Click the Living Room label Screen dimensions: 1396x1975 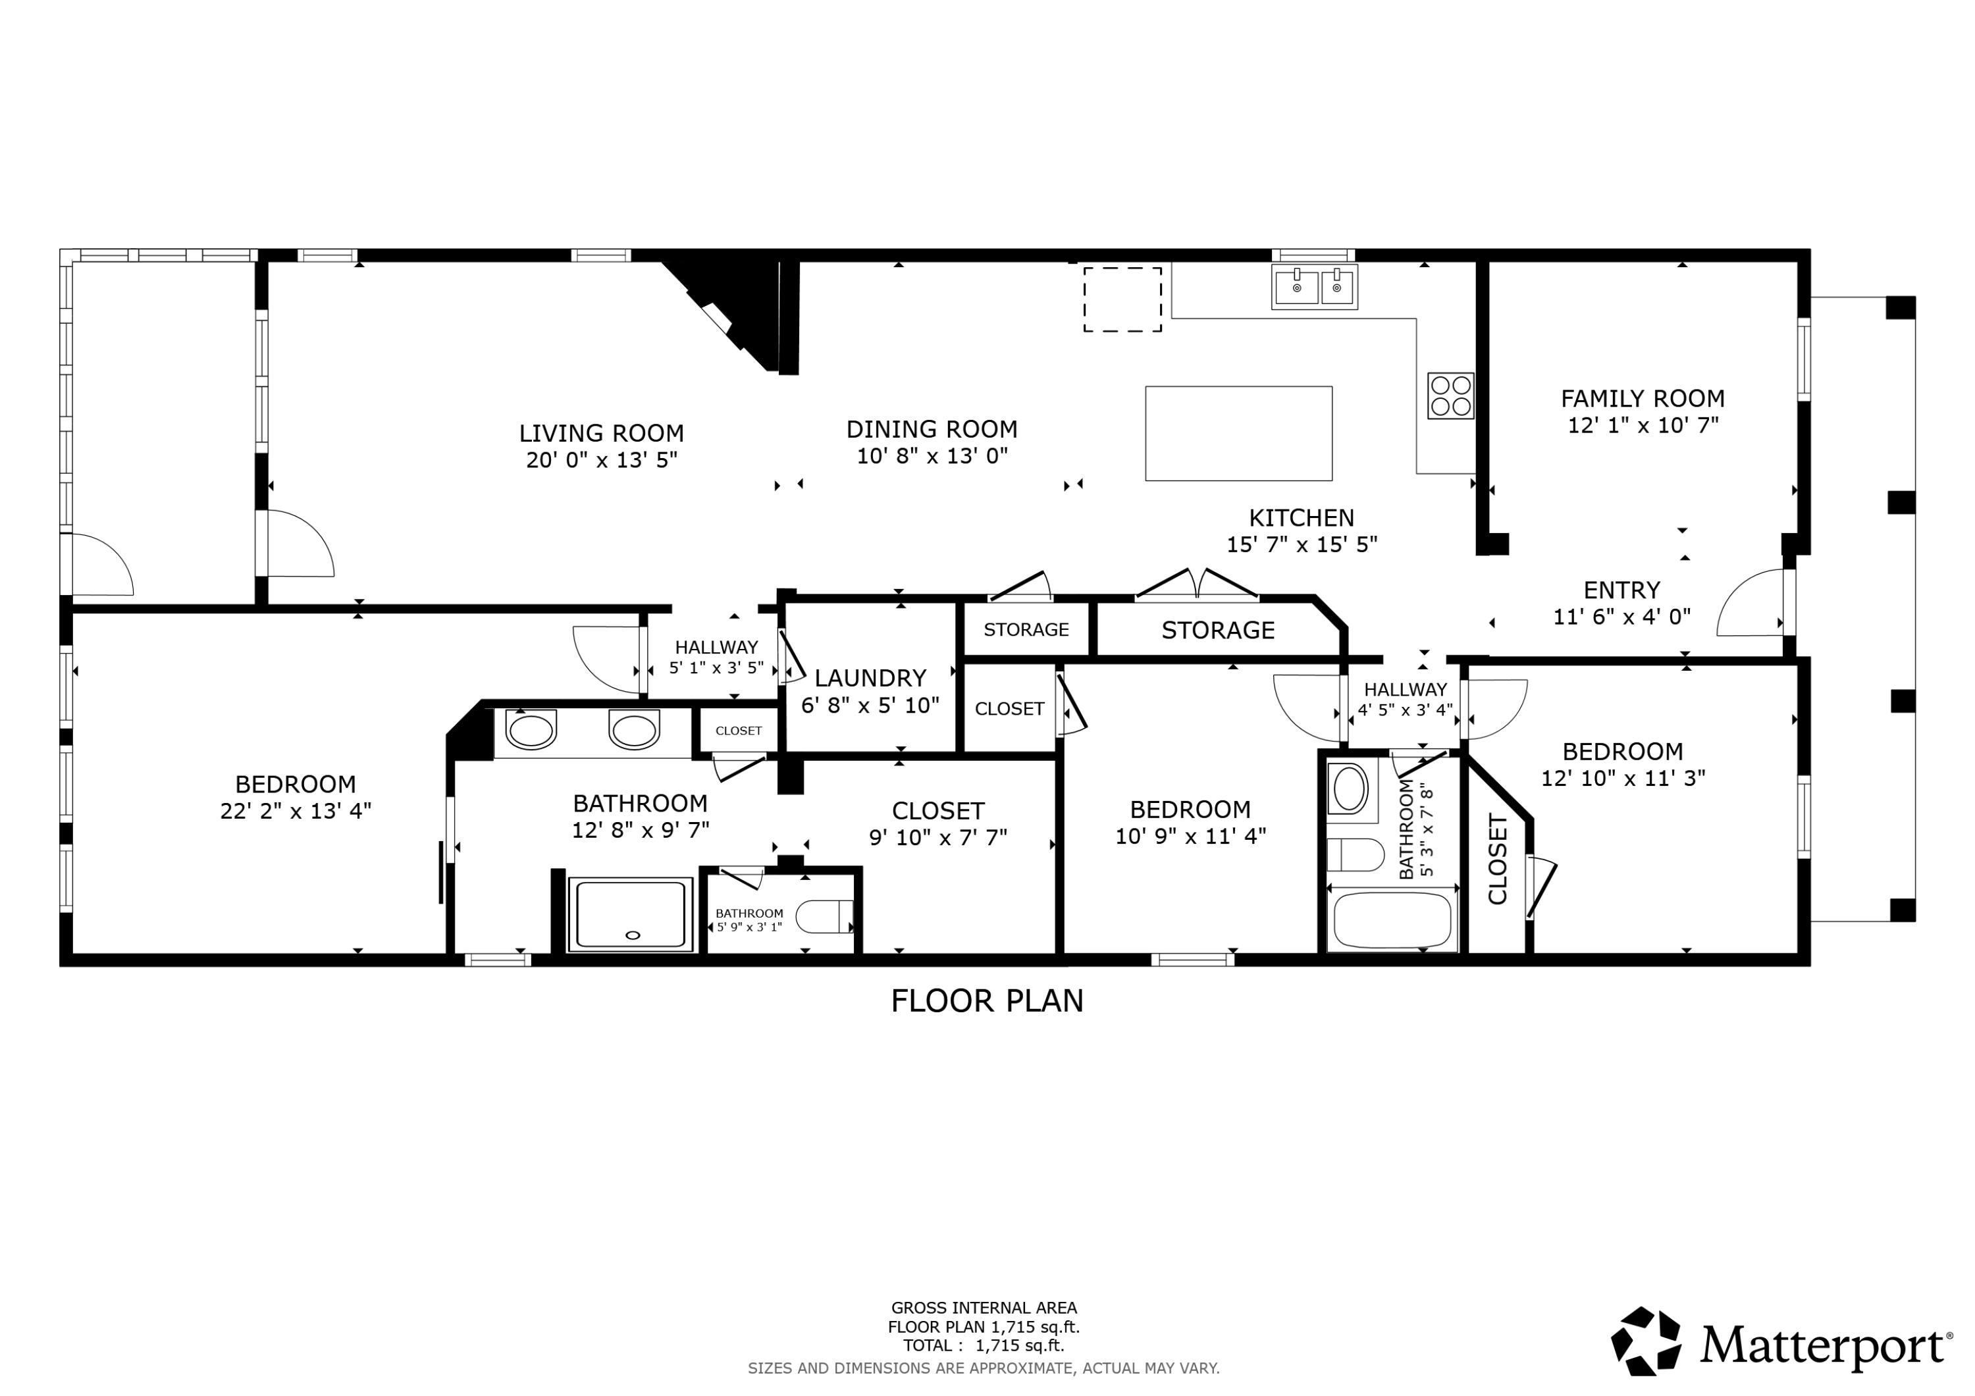coord(601,432)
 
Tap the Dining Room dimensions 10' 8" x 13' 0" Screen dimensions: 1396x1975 coord(932,456)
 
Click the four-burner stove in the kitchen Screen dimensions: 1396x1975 coord(1450,396)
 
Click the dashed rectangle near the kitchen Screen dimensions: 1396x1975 coord(1122,299)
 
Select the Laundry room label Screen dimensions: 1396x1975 coord(870,678)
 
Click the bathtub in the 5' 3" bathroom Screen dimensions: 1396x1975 coord(1392,920)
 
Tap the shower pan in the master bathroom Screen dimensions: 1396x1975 coord(631,914)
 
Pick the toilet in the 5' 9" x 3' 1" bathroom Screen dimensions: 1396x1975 coord(824,917)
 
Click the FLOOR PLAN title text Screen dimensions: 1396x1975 coord(987,1001)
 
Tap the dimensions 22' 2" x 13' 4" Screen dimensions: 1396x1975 coord(295,811)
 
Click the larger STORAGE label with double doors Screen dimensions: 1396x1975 coord(1217,631)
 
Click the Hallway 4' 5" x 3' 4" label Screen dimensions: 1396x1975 coord(1405,699)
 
